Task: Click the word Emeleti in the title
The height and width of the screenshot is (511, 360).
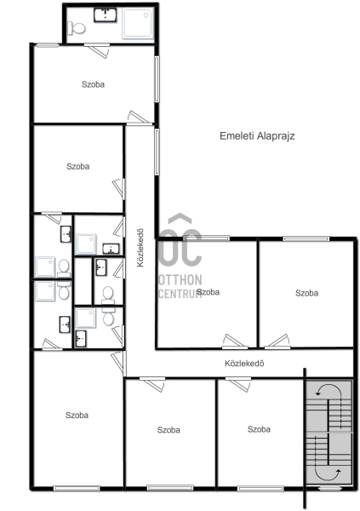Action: click(237, 136)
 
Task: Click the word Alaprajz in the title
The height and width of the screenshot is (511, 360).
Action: click(276, 136)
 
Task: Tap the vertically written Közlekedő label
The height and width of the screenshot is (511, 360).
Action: click(140, 248)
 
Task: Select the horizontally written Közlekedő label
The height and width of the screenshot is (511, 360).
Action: click(244, 364)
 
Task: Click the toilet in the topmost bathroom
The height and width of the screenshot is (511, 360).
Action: click(77, 28)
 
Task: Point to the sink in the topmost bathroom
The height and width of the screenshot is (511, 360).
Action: click(106, 15)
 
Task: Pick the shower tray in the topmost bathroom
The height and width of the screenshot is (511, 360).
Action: click(138, 24)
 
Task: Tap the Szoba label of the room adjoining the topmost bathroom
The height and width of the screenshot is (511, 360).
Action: click(93, 84)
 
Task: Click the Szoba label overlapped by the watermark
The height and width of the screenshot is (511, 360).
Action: click(209, 292)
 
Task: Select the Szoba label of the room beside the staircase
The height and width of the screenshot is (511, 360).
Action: click(259, 429)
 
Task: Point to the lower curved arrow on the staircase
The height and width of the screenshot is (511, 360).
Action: click(329, 476)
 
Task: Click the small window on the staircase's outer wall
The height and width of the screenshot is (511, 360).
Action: click(329, 488)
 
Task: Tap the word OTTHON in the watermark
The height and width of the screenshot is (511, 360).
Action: click(180, 280)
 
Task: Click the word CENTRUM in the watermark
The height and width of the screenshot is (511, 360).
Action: click(180, 293)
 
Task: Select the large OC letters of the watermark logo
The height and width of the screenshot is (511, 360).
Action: click(181, 247)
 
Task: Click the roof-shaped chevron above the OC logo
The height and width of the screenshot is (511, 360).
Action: click(180, 218)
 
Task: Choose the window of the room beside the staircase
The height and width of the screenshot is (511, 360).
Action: click(260, 489)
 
